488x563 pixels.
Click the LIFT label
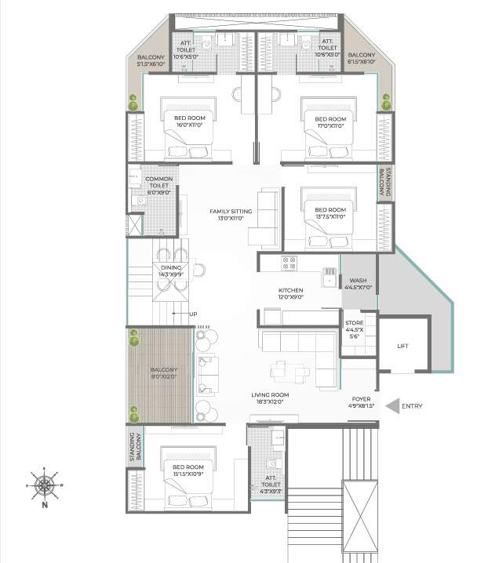coord(403,345)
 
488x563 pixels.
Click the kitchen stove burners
coord(289,262)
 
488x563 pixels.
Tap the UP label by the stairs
coord(193,314)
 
